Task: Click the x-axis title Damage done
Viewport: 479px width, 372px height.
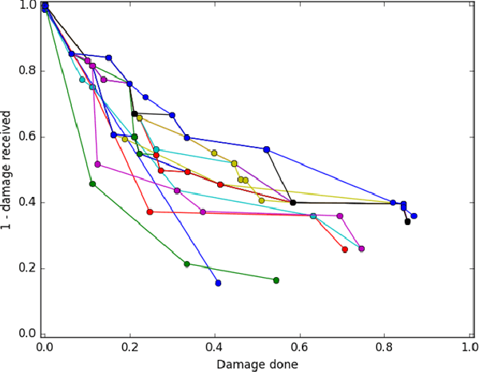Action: click(258, 364)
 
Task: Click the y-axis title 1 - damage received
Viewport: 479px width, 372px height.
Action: click(9, 171)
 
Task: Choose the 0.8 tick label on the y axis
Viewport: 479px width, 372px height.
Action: click(27, 70)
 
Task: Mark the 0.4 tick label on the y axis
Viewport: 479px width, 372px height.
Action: click(27, 202)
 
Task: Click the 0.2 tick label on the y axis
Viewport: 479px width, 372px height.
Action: click(27, 268)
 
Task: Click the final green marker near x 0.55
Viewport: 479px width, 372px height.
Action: click(276, 280)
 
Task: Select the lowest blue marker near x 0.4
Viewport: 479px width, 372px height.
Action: click(218, 283)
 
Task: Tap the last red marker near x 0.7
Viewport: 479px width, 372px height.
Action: click(345, 250)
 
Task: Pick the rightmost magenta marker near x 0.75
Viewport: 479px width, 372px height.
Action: click(362, 248)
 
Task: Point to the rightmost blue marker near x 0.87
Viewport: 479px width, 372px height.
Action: click(414, 216)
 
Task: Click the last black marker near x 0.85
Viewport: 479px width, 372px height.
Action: click(407, 221)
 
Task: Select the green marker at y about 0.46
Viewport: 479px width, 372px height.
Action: click(93, 184)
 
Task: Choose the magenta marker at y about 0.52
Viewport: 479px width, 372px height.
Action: click(97, 164)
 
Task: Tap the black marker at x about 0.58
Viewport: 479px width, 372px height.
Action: click(293, 203)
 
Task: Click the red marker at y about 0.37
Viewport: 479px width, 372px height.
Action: click(150, 212)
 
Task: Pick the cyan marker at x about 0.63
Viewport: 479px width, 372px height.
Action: click(313, 216)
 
